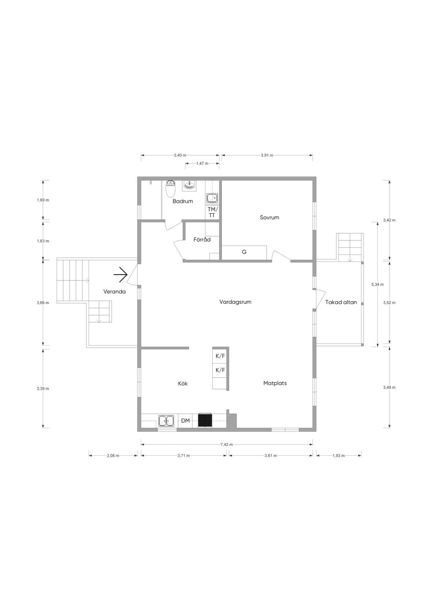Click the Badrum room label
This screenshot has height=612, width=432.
point(183,201)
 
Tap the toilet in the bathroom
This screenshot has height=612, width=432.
point(170,188)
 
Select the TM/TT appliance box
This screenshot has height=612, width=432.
point(212,212)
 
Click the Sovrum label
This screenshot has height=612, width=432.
point(269,218)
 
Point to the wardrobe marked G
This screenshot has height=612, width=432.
point(244,253)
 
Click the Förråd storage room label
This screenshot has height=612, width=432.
point(202,239)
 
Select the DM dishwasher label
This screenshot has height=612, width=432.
point(185,421)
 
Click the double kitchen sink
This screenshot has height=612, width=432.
point(166,421)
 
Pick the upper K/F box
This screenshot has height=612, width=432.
point(220,356)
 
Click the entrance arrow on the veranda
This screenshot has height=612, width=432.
point(120,274)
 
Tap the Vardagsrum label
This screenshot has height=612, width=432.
point(235,302)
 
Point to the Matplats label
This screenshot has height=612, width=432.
point(275,383)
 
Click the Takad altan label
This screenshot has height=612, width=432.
point(341,302)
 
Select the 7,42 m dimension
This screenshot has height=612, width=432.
point(227,444)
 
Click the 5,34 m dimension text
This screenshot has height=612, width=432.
point(378,284)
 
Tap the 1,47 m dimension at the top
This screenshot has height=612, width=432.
point(202,163)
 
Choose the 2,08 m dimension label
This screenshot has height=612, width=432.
point(113,455)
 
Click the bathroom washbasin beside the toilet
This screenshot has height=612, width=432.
point(189,185)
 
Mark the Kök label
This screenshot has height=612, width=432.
point(183,384)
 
